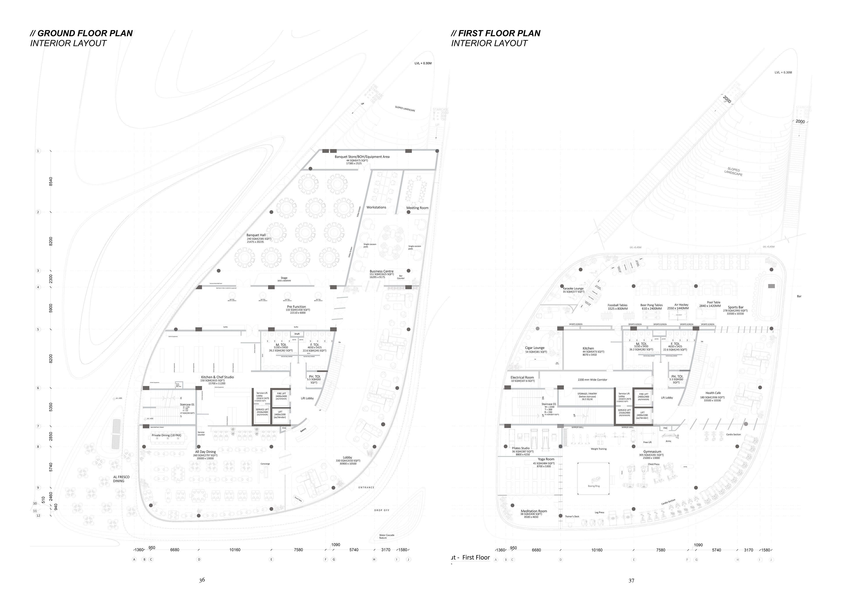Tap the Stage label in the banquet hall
284,278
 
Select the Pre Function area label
296,307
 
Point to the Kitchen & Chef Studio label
217,377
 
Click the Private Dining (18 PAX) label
166,436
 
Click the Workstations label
376,207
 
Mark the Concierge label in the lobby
265,464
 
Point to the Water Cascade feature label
387,536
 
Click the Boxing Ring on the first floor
594,486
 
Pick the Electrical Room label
522,377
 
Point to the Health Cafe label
713,393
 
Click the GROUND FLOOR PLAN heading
81,33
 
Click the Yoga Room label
546,459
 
